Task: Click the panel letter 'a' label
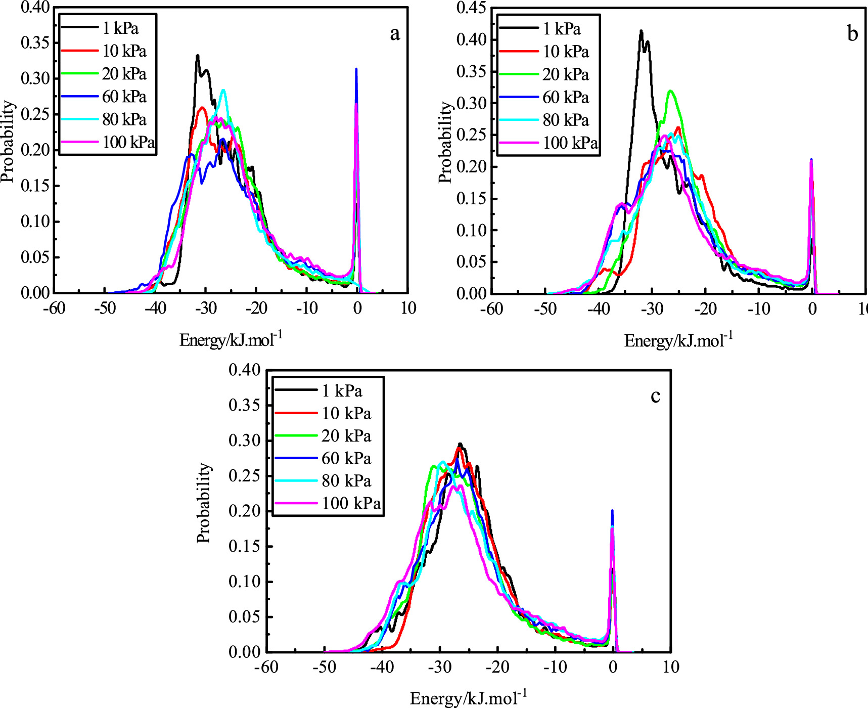pos(395,34)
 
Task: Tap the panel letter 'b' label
pos(852,34)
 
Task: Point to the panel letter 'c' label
pos(655,396)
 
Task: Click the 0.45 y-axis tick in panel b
pos(471,8)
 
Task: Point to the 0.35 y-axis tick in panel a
pos(35,43)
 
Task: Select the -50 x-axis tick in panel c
pos(324,668)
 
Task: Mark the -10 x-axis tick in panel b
pos(759,309)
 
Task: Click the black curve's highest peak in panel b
pos(641,31)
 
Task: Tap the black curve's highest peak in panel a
pos(198,56)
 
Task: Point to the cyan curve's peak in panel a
pos(223,91)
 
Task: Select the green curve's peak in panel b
pos(671,92)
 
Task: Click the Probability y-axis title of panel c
pos(204,503)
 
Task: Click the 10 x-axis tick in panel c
pos(670,668)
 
